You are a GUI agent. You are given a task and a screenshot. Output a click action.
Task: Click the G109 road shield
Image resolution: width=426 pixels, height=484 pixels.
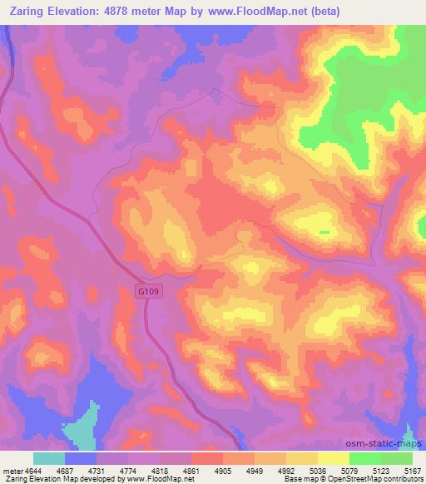[x=149, y=290]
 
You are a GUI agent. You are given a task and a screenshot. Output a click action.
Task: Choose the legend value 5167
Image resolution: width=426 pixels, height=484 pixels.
[x=412, y=471]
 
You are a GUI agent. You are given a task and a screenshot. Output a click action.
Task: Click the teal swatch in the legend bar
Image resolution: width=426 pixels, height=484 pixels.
[x=48, y=458]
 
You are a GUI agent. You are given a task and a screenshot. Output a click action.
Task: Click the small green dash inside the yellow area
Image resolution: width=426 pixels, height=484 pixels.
[x=324, y=232]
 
